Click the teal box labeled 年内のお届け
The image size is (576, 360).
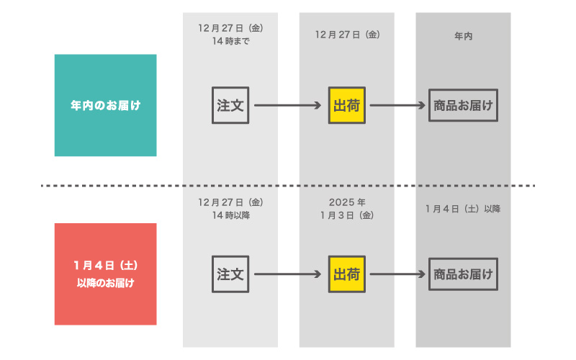tap(105, 105)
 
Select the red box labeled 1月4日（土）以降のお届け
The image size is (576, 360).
tap(105, 274)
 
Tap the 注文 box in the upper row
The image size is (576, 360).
tap(230, 105)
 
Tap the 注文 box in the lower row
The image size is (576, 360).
tap(230, 274)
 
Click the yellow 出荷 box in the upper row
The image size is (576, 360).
tap(347, 105)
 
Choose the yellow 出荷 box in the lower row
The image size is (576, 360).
tap(347, 274)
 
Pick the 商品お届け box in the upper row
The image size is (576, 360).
tap(463, 105)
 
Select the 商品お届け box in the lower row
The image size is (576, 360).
tap(463, 274)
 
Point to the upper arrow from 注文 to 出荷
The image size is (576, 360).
tap(287, 105)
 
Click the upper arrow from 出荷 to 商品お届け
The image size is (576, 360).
tap(397, 105)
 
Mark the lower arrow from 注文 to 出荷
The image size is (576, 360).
tap(287, 274)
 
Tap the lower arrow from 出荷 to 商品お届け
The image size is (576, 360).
tap(397, 274)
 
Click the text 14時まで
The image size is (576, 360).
tap(230, 41)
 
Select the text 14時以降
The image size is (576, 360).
tap(230, 215)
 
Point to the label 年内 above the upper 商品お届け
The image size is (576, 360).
tap(463, 36)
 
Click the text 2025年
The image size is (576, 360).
tap(347, 202)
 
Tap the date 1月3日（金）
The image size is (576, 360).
tap(347, 215)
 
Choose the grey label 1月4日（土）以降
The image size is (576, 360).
tap(463, 209)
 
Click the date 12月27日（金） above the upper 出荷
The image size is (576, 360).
tap(347, 35)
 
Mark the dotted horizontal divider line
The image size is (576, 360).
tap(288, 186)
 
